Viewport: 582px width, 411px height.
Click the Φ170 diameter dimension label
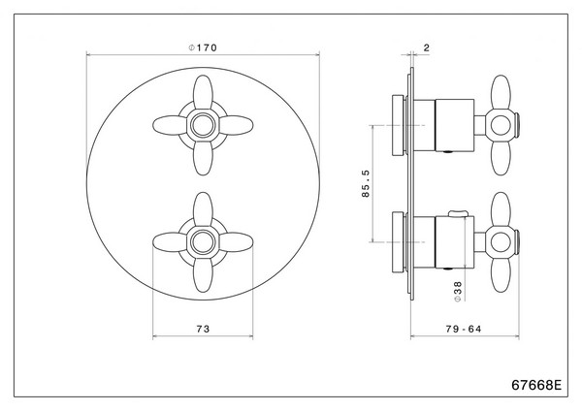pyautogui.click(x=203, y=47)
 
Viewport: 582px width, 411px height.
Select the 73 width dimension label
pyautogui.click(x=203, y=329)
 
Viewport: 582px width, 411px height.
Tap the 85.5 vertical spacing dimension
pyautogui.click(x=366, y=183)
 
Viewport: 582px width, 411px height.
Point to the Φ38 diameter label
pyautogui.click(x=458, y=292)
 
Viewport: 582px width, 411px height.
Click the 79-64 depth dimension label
pyautogui.click(x=464, y=329)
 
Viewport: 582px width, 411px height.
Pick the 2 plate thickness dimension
pyautogui.click(x=426, y=47)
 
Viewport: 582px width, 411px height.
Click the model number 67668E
pyautogui.click(x=536, y=385)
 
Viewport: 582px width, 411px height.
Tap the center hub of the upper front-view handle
pyautogui.click(x=203, y=125)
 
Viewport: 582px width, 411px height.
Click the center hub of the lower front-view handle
pyautogui.click(x=203, y=242)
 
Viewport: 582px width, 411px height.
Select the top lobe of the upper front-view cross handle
pyautogui.click(x=203, y=92)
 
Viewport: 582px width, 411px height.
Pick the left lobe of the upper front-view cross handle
pyautogui.click(x=170, y=125)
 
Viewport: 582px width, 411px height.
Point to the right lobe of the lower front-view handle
pyautogui.click(x=237, y=242)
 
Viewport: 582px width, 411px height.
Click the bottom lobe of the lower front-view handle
pyautogui.click(x=203, y=275)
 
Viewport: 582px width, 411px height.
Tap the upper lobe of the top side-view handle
pyautogui.click(x=501, y=92)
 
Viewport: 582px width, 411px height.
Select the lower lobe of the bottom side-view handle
pyautogui.click(x=501, y=275)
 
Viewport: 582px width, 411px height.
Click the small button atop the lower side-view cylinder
pyautogui.click(x=459, y=213)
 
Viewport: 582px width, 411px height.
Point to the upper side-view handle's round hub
pyautogui.click(x=501, y=125)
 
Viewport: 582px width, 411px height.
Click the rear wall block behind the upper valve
pyautogui.click(x=399, y=125)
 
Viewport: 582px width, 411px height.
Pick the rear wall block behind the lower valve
pyautogui.click(x=399, y=242)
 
